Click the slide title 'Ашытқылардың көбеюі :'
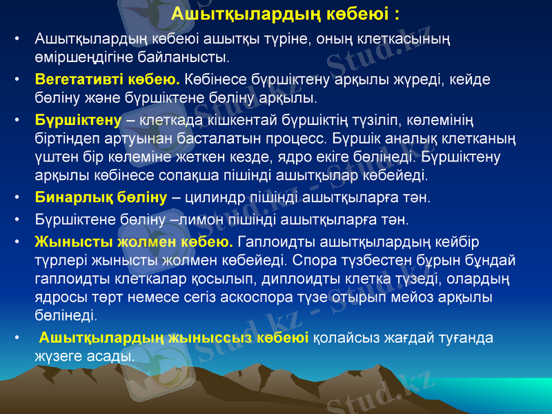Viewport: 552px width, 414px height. tap(285, 14)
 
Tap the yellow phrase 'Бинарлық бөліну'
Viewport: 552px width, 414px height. tap(101, 197)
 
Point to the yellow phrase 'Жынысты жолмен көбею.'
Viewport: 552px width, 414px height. tap(134, 243)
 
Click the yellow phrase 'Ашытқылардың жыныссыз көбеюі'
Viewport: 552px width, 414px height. tap(173, 338)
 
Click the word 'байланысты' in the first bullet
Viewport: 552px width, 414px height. tap(195, 54)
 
